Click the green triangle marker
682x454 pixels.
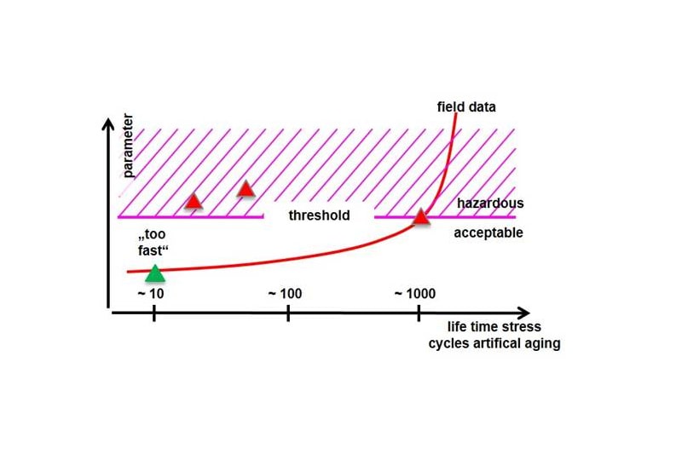(154, 273)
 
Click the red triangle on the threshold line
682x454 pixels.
(420, 217)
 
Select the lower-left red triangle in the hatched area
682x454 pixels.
(194, 201)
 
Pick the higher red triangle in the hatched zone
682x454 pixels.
(246, 188)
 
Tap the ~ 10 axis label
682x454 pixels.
(150, 294)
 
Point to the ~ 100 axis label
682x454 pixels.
(285, 294)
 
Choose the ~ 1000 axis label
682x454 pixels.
(415, 294)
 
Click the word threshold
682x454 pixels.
(319, 216)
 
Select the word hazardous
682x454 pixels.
(490, 204)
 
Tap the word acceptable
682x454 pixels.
(488, 233)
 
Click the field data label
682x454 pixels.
(466, 107)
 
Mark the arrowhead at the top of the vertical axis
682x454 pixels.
(107, 125)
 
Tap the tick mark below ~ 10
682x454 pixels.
(153, 313)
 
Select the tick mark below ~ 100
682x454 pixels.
(288, 313)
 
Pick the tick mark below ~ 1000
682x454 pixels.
(419, 313)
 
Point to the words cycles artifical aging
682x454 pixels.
(494, 344)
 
